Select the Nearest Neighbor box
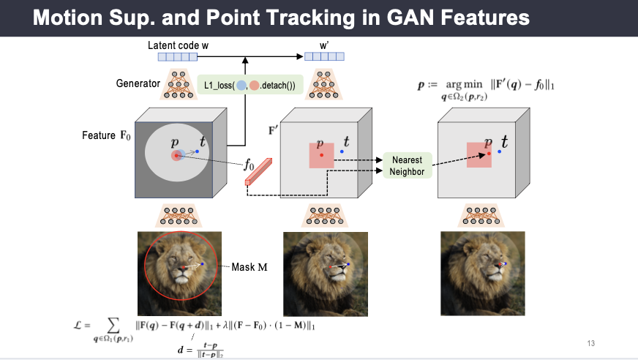pyautogui.click(x=407, y=165)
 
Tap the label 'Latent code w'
pyautogui.click(x=178, y=45)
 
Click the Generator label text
pyautogui.click(x=138, y=83)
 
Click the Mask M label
pyautogui.click(x=249, y=266)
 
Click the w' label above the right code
pyautogui.click(x=324, y=45)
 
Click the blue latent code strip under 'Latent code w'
pyautogui.click(x=178, y=56)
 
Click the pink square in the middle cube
pyautogui.click(x=322, y=155)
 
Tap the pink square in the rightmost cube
pyautogui.click(x=480, y=155)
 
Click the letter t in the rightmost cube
pyautogui.click(x=504, y=143)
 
